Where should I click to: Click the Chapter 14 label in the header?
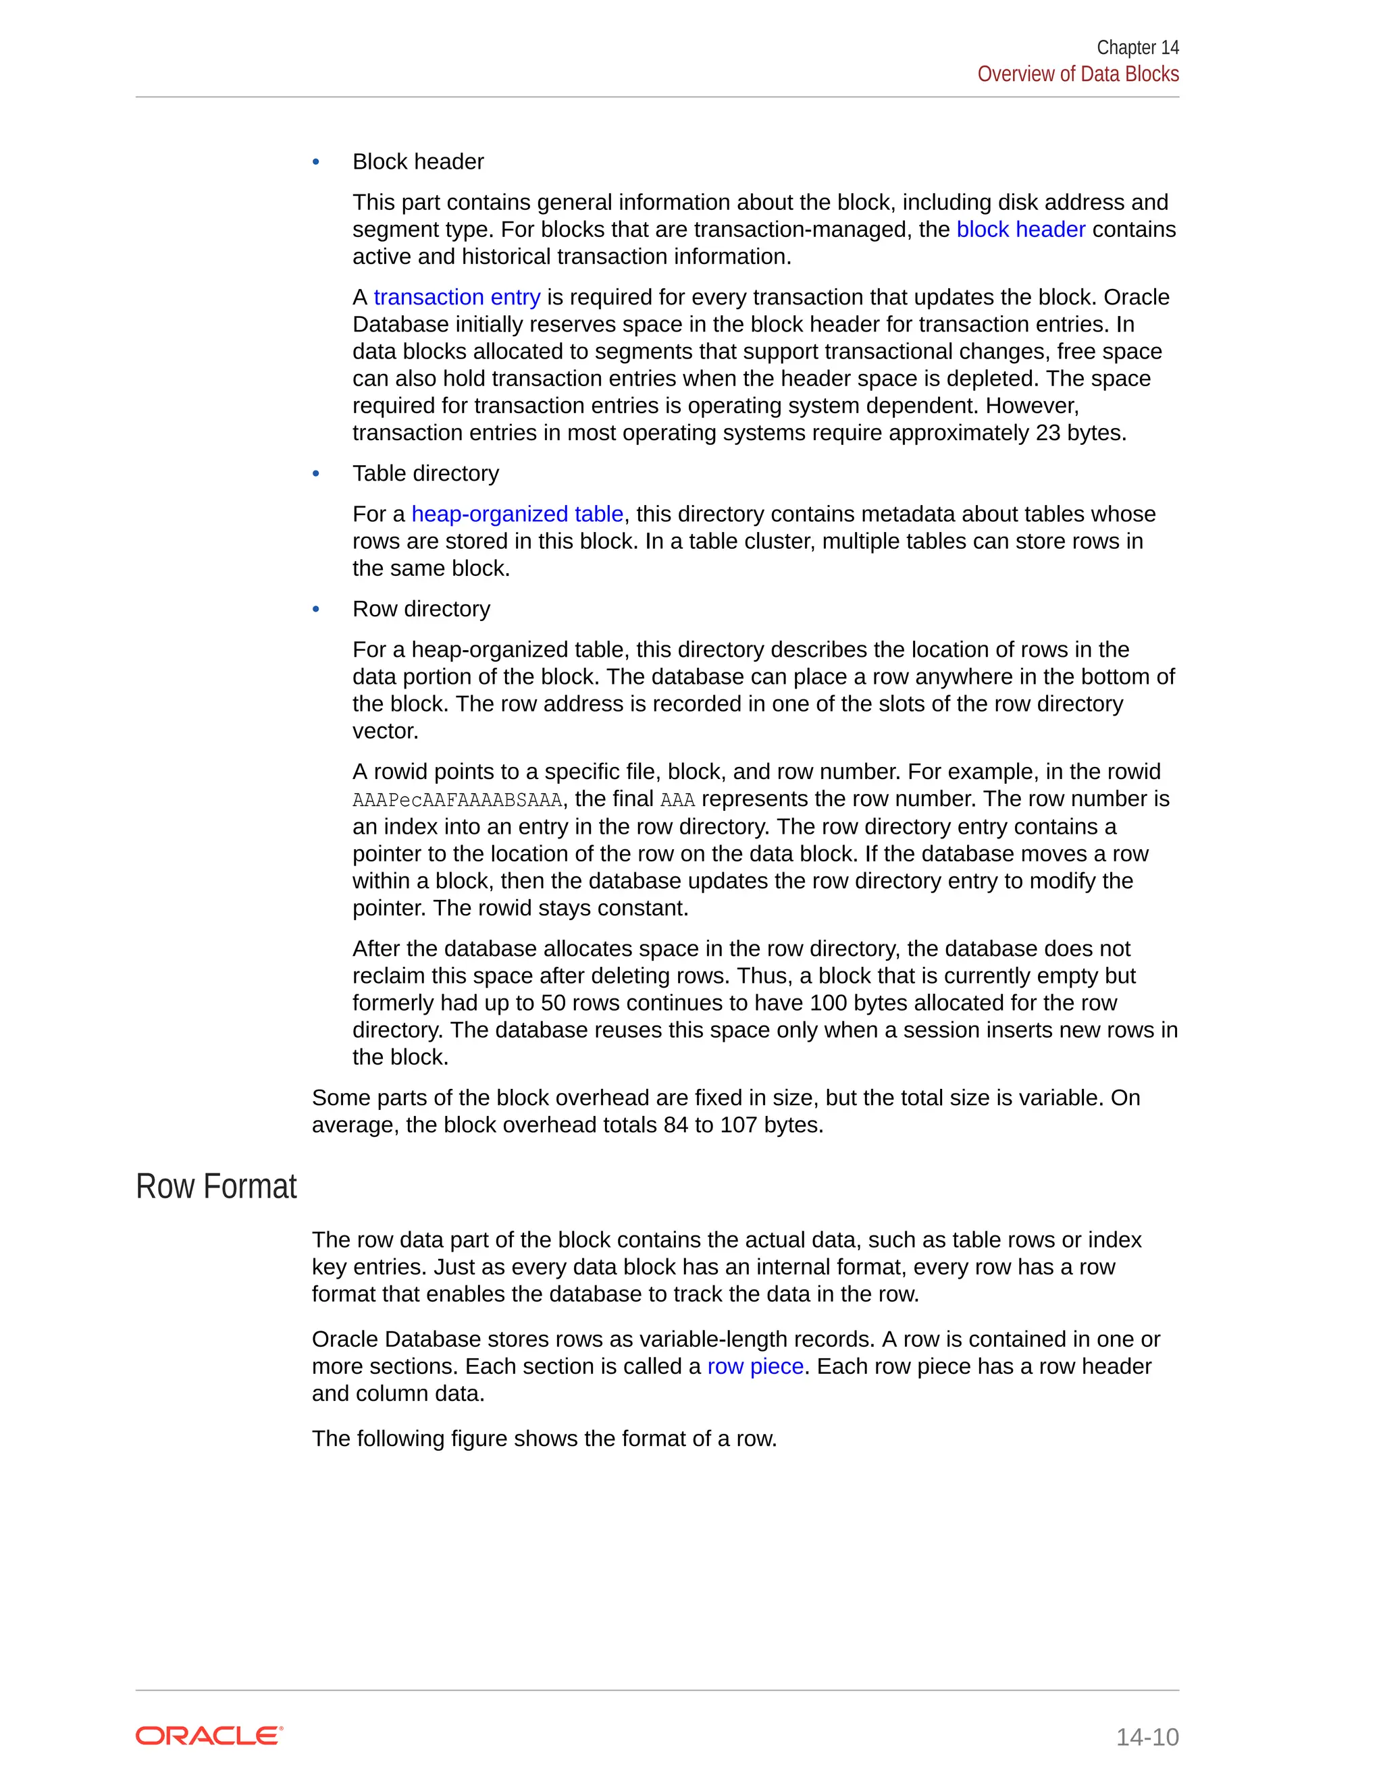coord(1137,47)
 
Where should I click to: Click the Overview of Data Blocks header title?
coord(1077,74)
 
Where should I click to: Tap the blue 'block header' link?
coord(1020,230)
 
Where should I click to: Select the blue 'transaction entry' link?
coord(456,297)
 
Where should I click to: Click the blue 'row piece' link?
coord(754,1366)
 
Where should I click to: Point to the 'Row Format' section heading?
coord(216,1187)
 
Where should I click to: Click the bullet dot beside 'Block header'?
coord(316,162)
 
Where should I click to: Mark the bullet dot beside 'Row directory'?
coord(316,610)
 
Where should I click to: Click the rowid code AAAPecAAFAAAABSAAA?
coord(457,800)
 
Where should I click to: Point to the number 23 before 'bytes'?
coord(1048,433)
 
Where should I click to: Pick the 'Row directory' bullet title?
coord(421,610)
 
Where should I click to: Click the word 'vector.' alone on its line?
coord(385,732)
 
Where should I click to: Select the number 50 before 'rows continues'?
coord(554,1003)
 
